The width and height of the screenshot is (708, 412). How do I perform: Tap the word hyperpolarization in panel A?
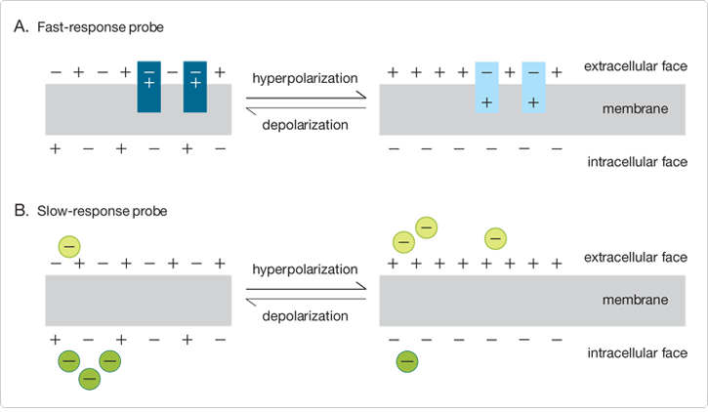click(305, 77)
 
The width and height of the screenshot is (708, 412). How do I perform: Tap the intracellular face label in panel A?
click(637, 162)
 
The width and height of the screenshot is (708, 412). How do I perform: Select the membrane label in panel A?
click(636, 109)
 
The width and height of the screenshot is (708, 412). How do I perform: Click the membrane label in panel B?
click(636, 300)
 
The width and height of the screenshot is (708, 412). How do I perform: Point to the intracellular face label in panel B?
click(637, 352)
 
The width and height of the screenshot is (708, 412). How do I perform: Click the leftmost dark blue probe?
click(149, 86)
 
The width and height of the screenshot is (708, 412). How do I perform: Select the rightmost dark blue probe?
click(195, 86)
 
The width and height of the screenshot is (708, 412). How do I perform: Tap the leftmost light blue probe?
click(487, 86)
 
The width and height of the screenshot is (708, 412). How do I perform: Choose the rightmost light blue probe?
click(533, 86)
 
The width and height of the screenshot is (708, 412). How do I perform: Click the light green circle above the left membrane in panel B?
click(69, 245)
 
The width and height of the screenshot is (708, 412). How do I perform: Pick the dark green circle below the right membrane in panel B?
click(407, 362)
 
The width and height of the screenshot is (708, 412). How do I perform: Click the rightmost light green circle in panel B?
click(495, 237)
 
